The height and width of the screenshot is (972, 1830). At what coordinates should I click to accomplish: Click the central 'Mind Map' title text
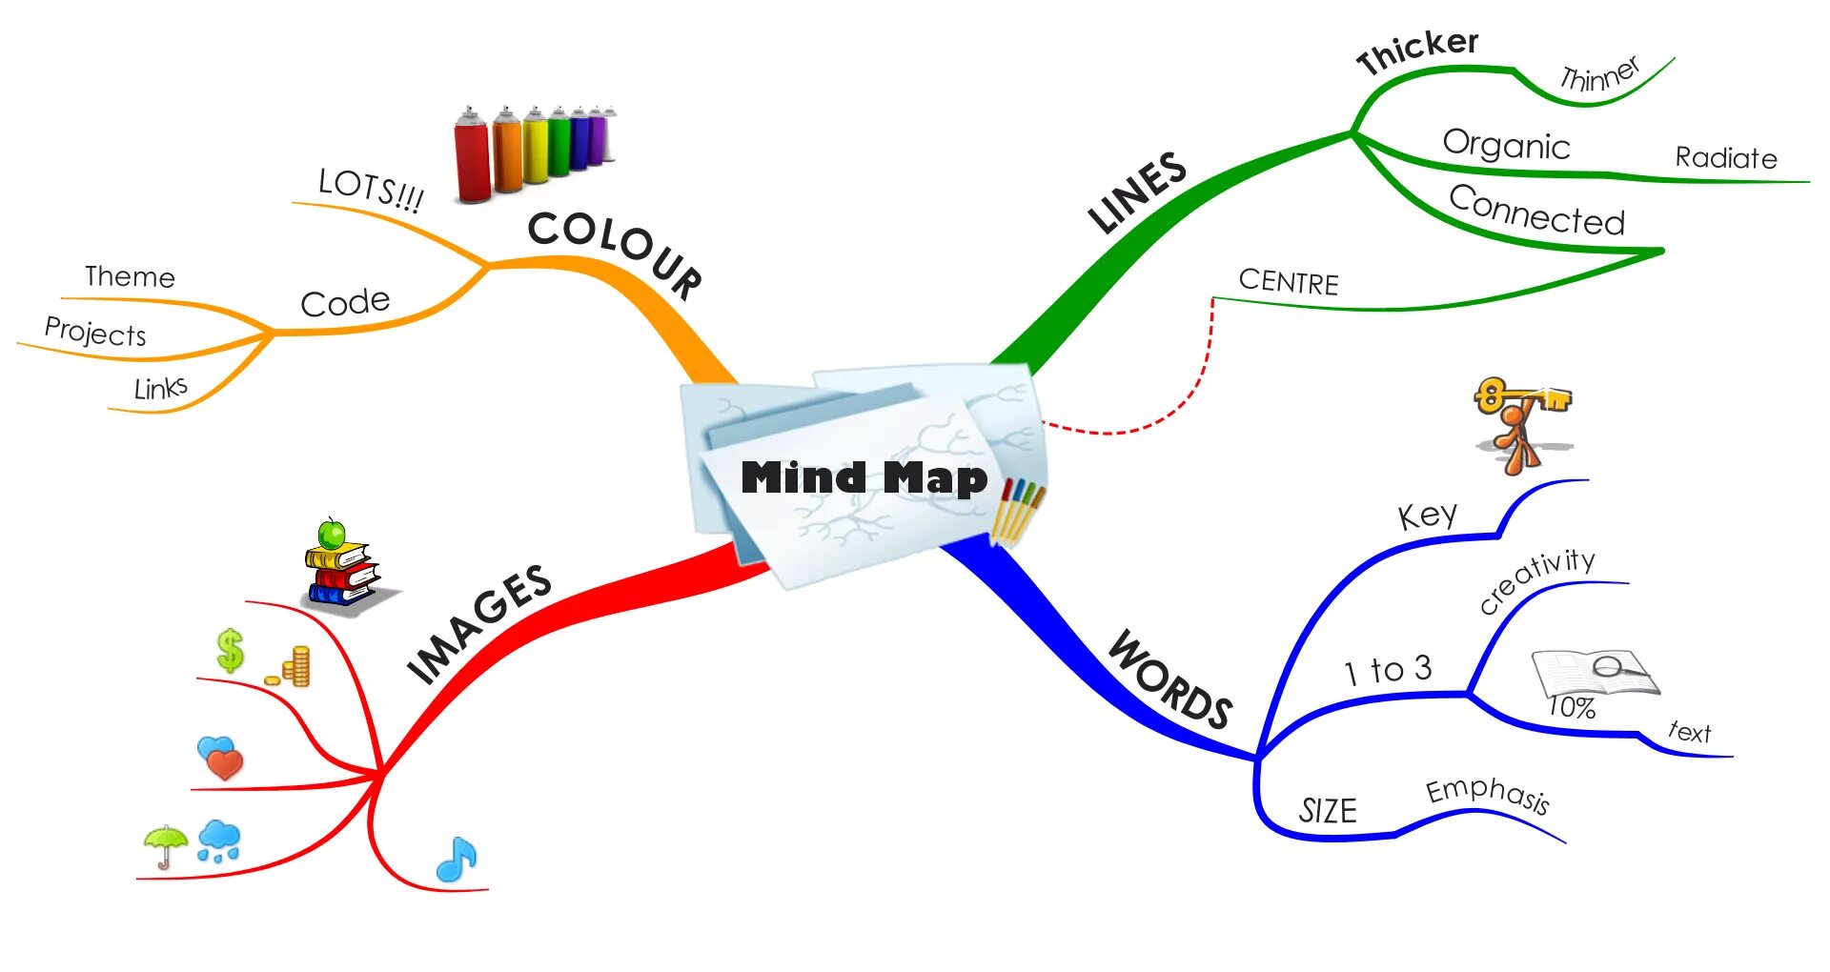point(864,477)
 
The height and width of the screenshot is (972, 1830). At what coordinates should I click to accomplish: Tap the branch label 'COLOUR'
point(615,250)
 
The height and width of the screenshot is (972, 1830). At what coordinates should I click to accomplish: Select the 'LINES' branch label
point(1137,192)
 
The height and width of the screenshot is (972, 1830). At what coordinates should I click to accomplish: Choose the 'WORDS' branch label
point(1170,680)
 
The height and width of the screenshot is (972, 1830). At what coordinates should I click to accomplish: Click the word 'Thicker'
point(1417,50)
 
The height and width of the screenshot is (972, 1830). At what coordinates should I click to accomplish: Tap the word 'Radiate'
point(1726,157)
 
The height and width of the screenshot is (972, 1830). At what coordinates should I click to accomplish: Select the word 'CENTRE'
point(1289,281)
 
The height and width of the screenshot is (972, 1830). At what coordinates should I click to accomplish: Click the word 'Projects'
point(95,332)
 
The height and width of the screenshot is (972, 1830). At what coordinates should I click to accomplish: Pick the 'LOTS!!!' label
point(371,189)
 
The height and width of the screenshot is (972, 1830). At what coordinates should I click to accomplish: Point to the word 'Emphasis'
point(1487,793)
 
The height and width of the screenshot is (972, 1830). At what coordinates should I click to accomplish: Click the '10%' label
point(1571,707)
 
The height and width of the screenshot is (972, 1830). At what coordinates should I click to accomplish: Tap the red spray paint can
point(472,157)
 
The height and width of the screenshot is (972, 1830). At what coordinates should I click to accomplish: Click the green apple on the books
point(331,534)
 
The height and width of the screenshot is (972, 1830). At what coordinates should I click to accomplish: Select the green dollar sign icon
point(230,651)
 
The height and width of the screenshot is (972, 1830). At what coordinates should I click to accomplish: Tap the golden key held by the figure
point(1521,395)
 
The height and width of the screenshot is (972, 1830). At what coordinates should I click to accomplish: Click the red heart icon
point(225,763)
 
